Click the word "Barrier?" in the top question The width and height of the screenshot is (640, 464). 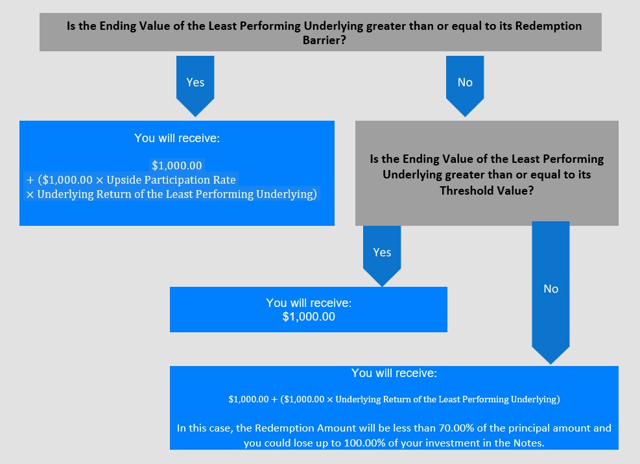(324, 40)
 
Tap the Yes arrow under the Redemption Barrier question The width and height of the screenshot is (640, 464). (195, 86)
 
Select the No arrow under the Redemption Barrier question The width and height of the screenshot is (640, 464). (465, 86)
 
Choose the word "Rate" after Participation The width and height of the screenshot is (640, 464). (224, 180)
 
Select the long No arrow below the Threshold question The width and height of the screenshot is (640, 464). (551, 293)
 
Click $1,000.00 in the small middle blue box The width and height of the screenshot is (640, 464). (309, 317)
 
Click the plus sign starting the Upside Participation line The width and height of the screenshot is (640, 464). (30, 180)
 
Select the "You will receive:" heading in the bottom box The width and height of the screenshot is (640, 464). (394, 373)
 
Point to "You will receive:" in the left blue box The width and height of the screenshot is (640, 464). (177, 138)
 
